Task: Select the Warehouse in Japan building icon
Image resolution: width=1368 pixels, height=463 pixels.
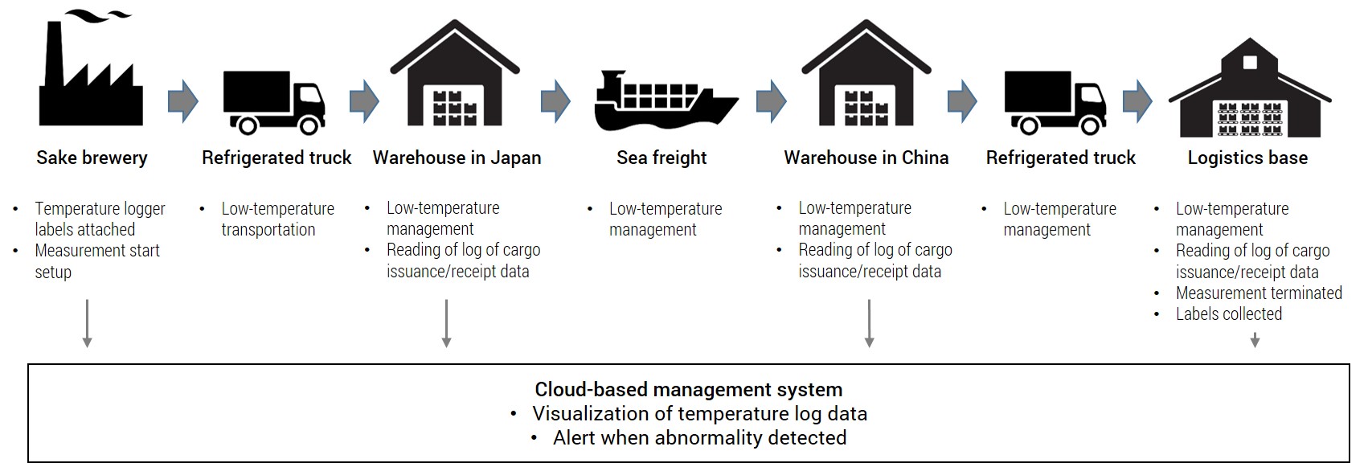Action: [x=455, y=73]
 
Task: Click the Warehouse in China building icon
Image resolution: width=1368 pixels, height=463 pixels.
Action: [x=866, y=73]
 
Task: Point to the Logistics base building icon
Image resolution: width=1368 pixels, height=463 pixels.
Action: [x=1250, y=88]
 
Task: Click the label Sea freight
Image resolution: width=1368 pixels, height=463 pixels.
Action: [x=661, y=158]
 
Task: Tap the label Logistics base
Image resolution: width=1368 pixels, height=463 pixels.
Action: [x=1247, y=158]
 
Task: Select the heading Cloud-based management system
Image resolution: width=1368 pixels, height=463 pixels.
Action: [x=689, y=389]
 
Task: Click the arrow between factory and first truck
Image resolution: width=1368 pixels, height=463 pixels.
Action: [x=183, y=100]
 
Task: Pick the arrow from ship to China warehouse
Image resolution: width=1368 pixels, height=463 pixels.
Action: [x=772, y=100]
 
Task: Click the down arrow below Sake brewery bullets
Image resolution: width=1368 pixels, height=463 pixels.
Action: [x=88, y=323]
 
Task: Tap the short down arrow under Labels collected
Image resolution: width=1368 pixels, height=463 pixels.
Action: [x=1255, y=340]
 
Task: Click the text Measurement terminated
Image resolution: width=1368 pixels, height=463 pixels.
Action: [x=1259, y=293]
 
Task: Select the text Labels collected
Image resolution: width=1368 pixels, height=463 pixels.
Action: [x=1229, y=314]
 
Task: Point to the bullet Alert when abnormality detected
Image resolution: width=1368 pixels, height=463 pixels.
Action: [x=699, y=438]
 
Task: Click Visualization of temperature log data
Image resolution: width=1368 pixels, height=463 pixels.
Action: [x=699, y=413]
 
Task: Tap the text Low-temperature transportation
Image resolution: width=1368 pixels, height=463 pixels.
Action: [x=278, y=219]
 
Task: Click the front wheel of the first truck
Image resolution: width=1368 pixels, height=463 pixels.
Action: [x=309, y=126]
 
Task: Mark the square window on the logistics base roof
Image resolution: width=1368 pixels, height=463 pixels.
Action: [x=1250, y=63]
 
